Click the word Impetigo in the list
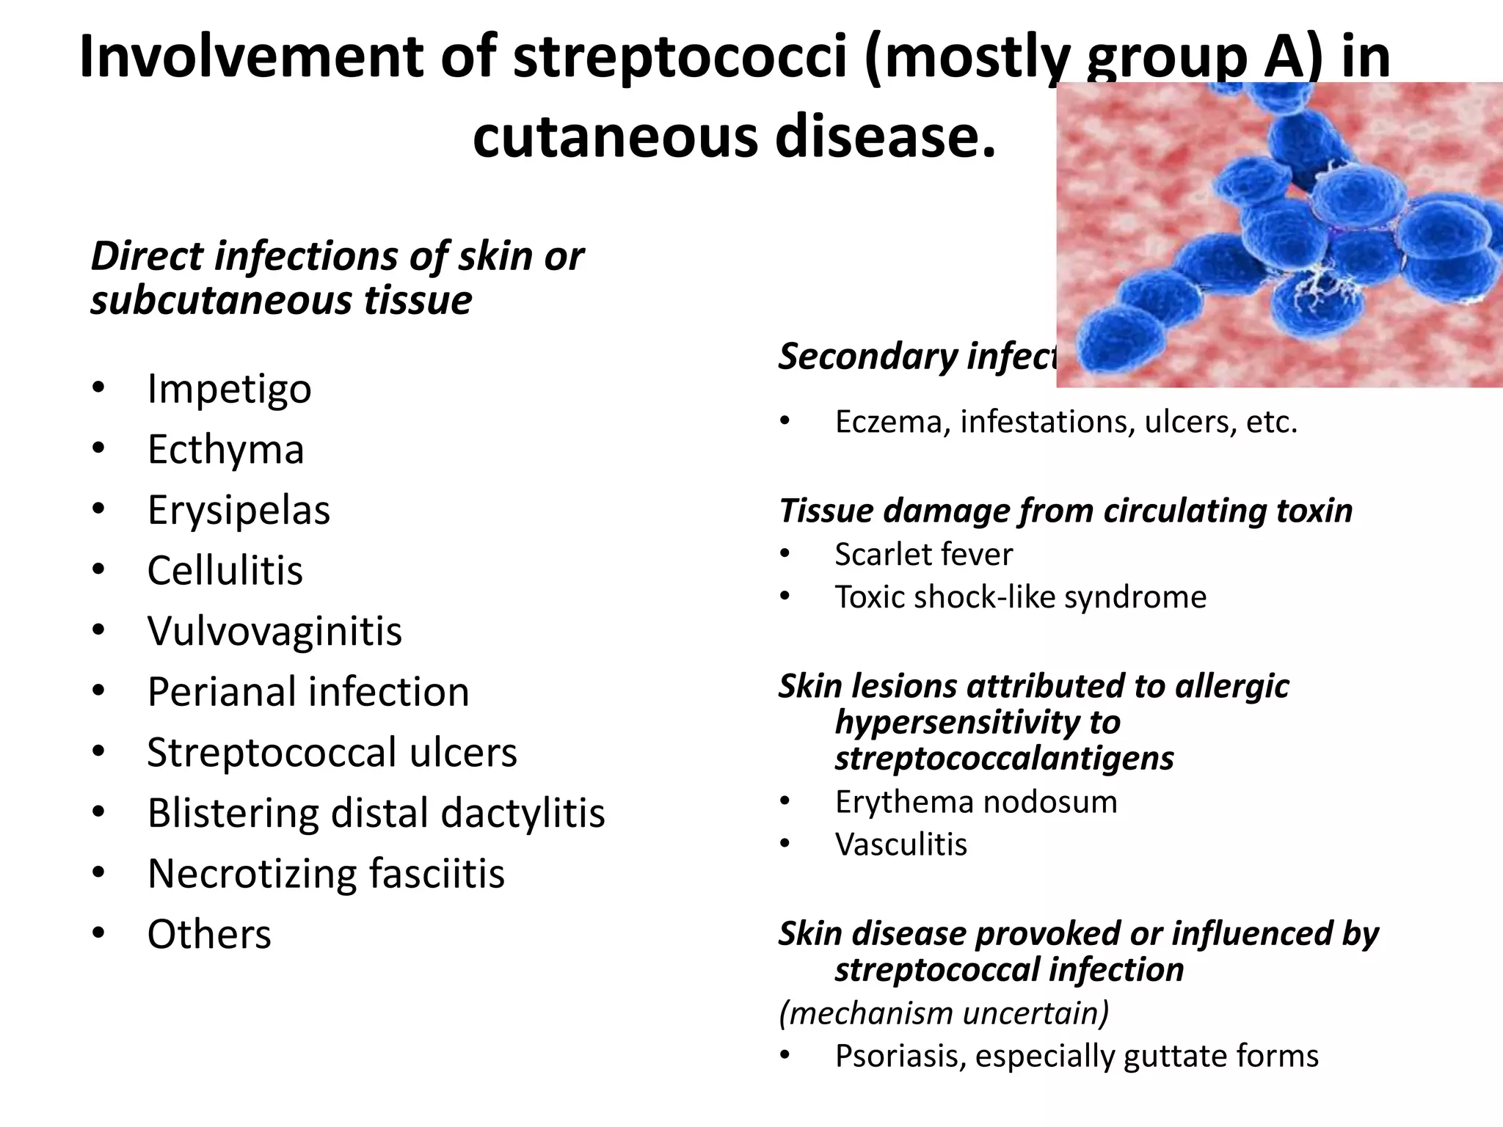(x=229, y=389)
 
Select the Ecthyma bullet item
(x=225, y=449)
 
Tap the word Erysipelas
(x=239, y=510)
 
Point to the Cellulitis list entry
(x=225, y=570)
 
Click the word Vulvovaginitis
(x=274, y=631)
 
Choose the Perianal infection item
(x=307, y=692)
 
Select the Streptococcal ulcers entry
(x=332, y=753)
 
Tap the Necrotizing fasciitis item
(x=326, y=874)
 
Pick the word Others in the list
(x=209, y=935)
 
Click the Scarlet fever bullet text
(x=923, y=555)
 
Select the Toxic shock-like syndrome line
(x=1020, y=597)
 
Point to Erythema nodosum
(x=975, y=802)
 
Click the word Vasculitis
(x=900, y=845)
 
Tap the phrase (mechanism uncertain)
(x=943, y=1013)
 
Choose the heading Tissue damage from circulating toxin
(x=1065, y=511)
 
